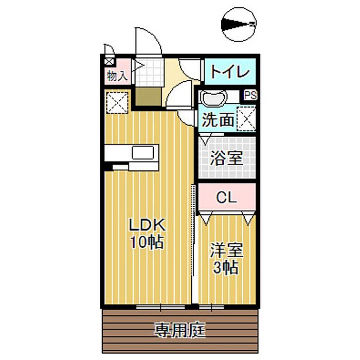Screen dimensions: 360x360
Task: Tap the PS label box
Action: click(250, 95)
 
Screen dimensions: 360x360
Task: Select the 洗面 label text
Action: click(217, 120)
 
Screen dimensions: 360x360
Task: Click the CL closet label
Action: click(226, 197)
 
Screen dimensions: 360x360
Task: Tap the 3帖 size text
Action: click(226, 267)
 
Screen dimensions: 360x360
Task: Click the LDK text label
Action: click(146, 225)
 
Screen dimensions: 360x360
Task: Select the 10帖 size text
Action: click(146, 242)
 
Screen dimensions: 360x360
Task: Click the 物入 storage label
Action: click(117, 76)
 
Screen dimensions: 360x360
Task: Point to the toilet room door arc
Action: click(188, 69)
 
